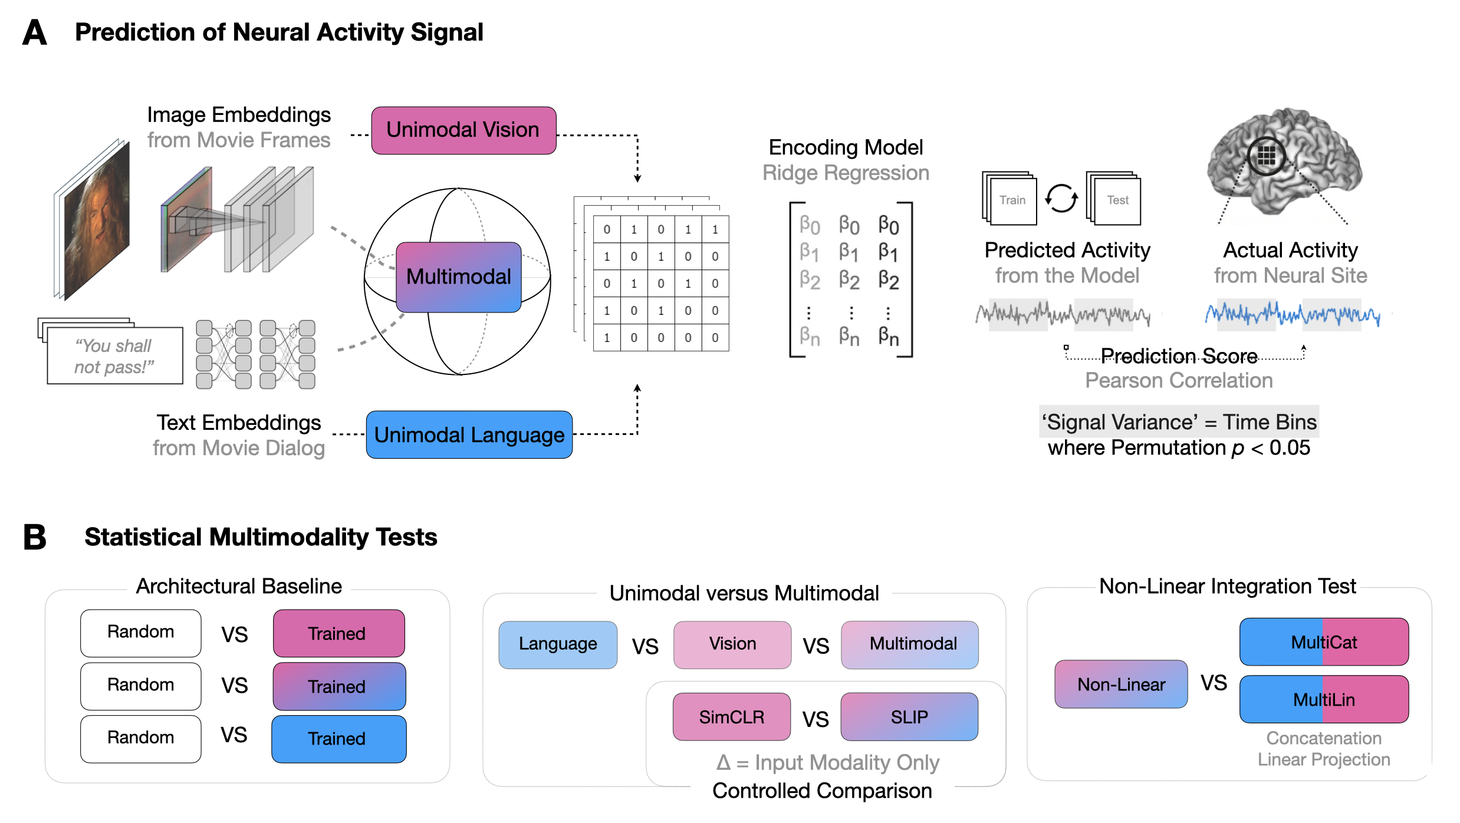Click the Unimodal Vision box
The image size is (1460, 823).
(463, 130)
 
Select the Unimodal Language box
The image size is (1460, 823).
(469, 434)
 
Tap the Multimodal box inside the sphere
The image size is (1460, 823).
(459, 277)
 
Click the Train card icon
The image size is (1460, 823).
(1009, 199)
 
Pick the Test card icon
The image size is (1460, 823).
(1114, 199)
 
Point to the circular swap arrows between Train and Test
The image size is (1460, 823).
(1061, 199)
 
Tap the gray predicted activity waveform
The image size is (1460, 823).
(1063, 314)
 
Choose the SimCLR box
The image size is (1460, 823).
(732, 717)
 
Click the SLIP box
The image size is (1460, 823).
(909, 717)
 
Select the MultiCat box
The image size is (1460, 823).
(1324, 642)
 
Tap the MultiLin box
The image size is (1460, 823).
(1324, 699)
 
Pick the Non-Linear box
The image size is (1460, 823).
(1121, 684)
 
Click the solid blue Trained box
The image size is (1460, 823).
(339, 739)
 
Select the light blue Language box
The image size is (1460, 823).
(558, 644)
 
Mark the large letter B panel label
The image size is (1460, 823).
(35, 537)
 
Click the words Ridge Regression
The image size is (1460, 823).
(846, 173)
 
